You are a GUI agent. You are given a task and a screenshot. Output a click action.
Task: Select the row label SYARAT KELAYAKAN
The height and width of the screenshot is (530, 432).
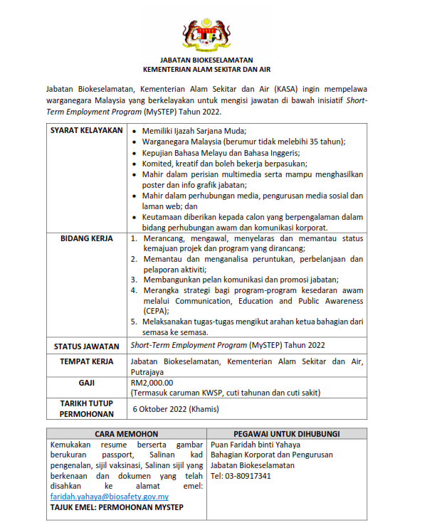87,132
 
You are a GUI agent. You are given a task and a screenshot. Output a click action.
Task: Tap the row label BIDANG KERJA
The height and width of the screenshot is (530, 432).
87,238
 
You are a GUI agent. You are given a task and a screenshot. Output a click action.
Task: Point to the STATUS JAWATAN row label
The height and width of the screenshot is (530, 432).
87,346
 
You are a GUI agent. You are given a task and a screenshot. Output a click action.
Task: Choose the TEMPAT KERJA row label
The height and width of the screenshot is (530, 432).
87,362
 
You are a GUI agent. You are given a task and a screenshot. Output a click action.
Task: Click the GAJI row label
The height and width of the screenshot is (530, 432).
87,382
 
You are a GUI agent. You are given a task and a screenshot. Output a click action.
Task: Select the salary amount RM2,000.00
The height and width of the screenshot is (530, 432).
152,382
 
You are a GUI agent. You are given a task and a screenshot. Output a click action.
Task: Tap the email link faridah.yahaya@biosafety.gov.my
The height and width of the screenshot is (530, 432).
109,497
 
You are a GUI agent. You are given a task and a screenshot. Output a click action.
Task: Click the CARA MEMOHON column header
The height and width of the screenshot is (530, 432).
125,433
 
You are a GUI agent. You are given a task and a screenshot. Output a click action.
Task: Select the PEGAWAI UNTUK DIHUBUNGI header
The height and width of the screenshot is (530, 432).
286,433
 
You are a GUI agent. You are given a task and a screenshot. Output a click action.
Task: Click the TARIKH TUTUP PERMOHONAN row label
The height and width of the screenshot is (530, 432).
87,408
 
